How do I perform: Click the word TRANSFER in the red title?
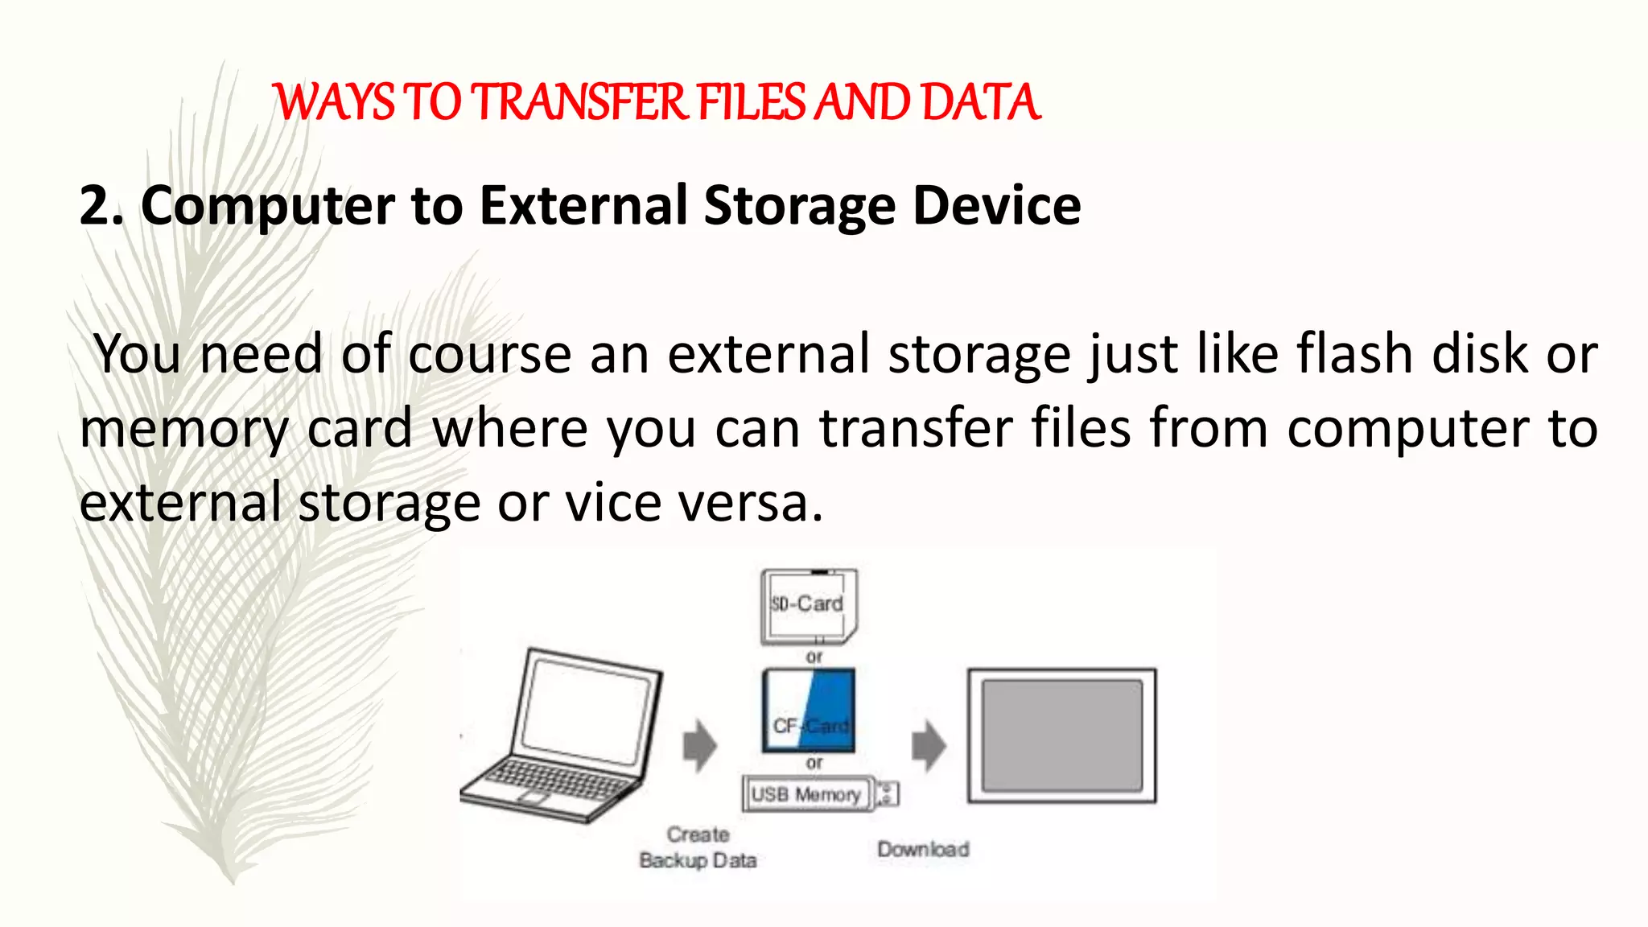[579, 103]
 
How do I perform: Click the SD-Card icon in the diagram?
[809, 605]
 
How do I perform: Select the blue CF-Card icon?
[809, 711]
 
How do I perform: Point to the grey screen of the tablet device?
[1062, 735]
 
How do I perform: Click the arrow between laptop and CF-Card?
[699, 745]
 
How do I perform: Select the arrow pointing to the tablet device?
[929, 745]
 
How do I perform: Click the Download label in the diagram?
[923, 849]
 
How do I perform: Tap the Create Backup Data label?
[698, 847]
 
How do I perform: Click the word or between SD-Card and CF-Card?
[814, 657]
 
